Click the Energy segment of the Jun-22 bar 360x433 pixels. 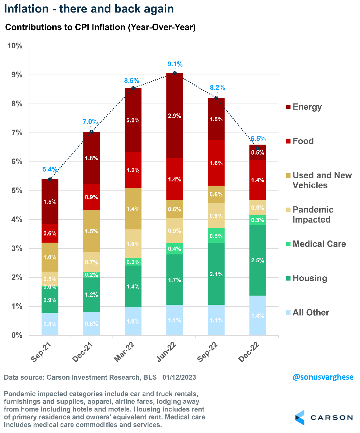pos(174,116)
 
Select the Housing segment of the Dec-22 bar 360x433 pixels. pos(258,260)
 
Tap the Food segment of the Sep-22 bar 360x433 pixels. pos(216,163)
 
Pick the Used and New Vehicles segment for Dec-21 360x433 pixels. pos(91,231)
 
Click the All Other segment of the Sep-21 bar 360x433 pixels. pos(50,324)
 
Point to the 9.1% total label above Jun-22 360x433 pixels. pos(175,64)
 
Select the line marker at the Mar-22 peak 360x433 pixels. pos(133,88)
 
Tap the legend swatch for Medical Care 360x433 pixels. pos(287,244)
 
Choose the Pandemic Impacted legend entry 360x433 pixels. pos(313,214)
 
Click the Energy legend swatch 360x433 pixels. pos(287,107)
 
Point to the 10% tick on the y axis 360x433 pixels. pos(15,46)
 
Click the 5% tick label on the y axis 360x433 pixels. pos(16,191)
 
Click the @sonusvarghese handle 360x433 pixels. pos(323,377)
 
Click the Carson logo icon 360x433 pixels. pos(300,418)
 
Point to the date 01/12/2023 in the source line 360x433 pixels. pos(179,378)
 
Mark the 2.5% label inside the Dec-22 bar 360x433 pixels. pos(258,260)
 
